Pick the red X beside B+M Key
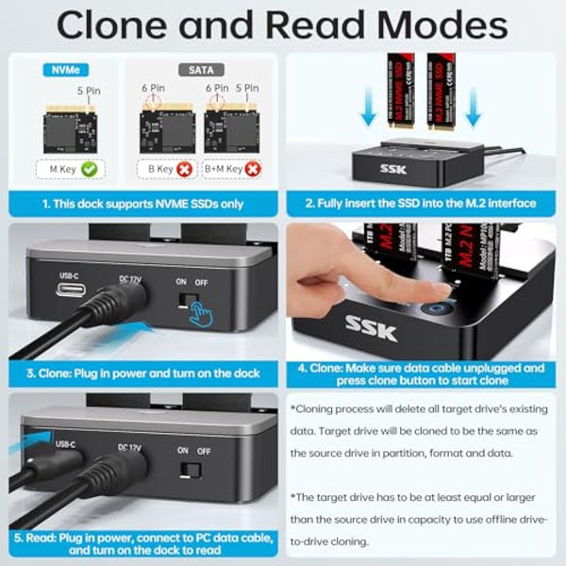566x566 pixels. pyautogui.click(x=251, y=170)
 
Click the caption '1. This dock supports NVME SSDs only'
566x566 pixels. pyautogui.click(x=142, y=203)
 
